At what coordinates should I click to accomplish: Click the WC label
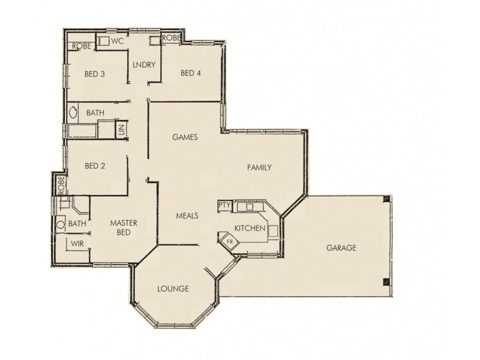(x=117, y=41)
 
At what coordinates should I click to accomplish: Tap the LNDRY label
(x=144, y=65)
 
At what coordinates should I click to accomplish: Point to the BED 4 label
(x=190, y=73)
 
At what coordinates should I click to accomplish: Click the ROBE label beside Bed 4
(x=171, y=38)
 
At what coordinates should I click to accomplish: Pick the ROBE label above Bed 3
(x=81, y=46)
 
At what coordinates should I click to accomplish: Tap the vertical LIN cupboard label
(x=121, y=128)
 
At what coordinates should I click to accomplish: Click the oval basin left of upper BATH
(x=74, y=112)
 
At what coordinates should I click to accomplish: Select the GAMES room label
(x=185, y=137)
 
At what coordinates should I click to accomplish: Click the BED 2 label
(x=95, y=166)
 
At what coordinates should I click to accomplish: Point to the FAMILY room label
(x=260, y=167)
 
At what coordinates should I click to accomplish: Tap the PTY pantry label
(x=224, y=205)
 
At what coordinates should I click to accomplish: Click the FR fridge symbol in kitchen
(x=230, y=242)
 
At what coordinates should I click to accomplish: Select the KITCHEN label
(x=250, y=229)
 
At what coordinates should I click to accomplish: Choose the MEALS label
(x=187, y=215)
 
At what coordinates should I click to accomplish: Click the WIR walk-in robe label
(x=77, y=244)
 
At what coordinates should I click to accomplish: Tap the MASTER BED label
(x=124, y=227)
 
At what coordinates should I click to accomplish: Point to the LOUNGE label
(x=173, y=289)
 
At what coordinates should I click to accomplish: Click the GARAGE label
(x=341, y=248)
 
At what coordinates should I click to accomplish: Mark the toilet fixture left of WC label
(x=103, y=41)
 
